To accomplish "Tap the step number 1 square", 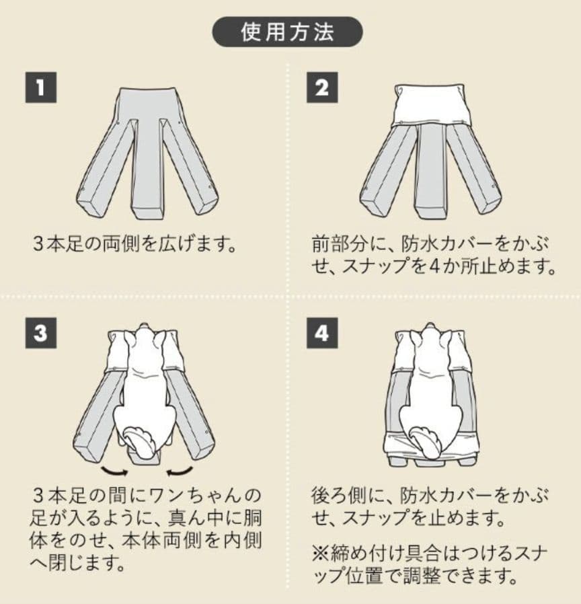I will pos(41,88).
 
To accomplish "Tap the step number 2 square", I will pos(322,88).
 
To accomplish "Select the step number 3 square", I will pos(41,334).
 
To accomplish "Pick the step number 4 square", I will pos(322,334).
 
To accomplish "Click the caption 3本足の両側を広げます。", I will pos(135,242).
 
